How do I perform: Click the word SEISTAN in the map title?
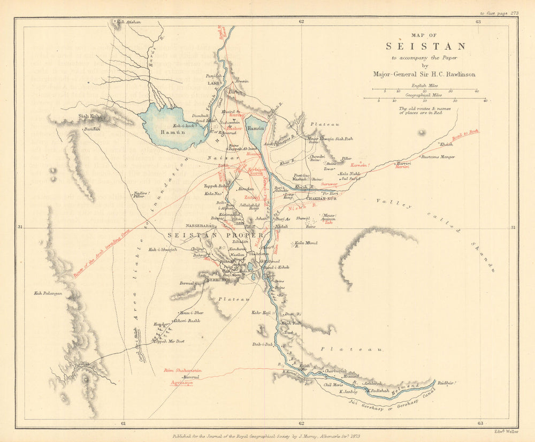pyautogui.click(x=425, y=47)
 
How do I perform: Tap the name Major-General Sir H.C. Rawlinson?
pyautogui.click(x=426, y=74)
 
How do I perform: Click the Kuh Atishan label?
pyautogui.click(x=128, y=22)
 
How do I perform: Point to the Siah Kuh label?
pyautogui.click(x=89, y=116)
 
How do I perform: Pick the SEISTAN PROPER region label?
pyautogui.click(x=216, y=235)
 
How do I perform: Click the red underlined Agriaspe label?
pyautogui.click(x=177, y=383)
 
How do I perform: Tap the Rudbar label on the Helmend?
pyautogui.click(x=446, y=383)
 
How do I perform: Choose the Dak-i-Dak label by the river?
pyautogui.click(x=262, y=345)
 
